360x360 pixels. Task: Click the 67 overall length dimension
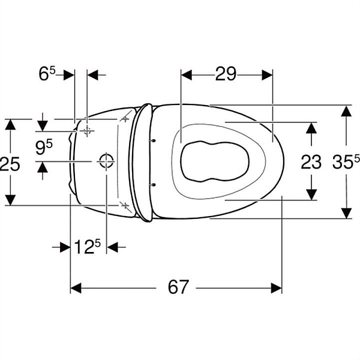coord(178,287)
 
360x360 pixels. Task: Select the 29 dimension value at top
coord(226,74)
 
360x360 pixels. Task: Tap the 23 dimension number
coord(311,162)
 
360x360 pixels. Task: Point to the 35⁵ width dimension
coord(346,162)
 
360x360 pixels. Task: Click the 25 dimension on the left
coord(10,164)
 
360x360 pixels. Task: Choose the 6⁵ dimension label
coord(47,74)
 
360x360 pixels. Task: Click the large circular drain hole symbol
coord(106,161)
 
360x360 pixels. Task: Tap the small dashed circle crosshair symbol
coord(87,131)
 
